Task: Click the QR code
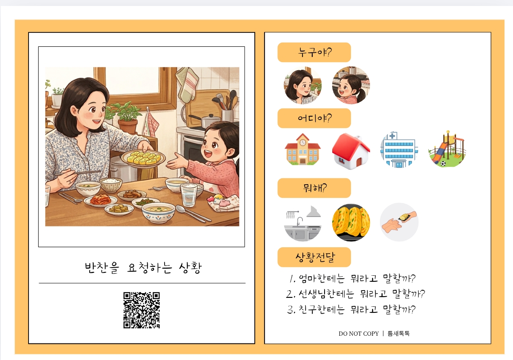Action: pos(142,310)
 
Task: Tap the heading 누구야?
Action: pos(314,52)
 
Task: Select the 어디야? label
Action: pos(314,118)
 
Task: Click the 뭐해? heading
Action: pos(314,188)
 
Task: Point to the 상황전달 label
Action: pos(314,257)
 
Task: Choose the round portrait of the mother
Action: pos(302,85)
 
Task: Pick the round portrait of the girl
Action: pos(351,85)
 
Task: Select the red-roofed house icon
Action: pos(351,151)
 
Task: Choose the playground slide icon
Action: pos(447,149)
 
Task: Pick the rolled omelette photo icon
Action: pos(351,222)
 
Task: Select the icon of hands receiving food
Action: pos(399,222)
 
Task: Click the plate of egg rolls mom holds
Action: pos(143,158)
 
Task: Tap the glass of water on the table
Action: pos(189,195)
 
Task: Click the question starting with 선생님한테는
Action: pos(355,294)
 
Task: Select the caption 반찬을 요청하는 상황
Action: pos(143,268)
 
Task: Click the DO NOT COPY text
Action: pos(359,334)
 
